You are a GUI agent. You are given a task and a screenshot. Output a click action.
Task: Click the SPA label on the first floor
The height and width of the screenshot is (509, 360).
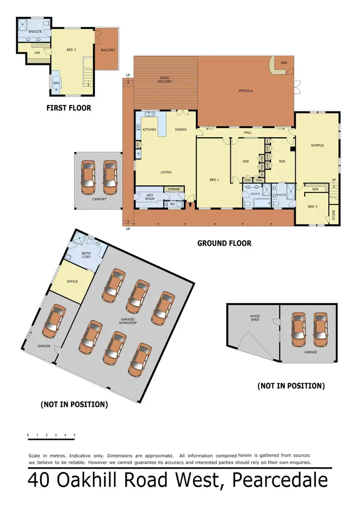pos(56,83)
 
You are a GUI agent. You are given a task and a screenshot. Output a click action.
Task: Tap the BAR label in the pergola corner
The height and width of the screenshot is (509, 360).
pos(284,62)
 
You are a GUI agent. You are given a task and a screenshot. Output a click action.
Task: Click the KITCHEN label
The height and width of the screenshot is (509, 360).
pos(149,130)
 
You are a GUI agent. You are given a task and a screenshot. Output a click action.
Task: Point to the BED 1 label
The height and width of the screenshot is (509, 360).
pos(214,180)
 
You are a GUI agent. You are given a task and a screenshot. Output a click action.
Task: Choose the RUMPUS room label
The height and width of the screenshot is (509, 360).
pos(317,145)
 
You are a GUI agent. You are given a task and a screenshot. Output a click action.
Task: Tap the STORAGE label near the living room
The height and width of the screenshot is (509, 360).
pos(174,189)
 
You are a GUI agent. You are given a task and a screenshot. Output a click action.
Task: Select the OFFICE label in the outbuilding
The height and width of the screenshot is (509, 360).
pos(72,281)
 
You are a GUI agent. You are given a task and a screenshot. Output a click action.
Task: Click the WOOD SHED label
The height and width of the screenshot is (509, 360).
pos(254,318)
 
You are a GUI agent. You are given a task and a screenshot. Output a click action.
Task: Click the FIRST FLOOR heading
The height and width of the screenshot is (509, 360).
pos(69,108)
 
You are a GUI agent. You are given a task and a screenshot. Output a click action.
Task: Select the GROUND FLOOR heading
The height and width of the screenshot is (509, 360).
pos(224,243)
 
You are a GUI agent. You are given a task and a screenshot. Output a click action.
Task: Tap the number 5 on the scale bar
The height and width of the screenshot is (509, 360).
pos(74,435)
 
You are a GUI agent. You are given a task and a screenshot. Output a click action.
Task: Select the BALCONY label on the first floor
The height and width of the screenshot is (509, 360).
pos(108,50)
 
